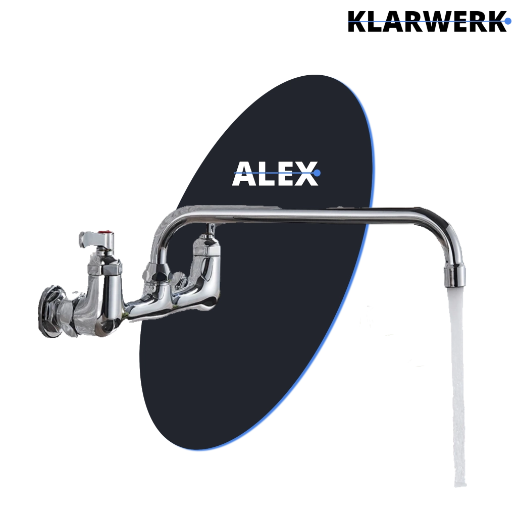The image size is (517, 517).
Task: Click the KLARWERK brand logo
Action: [428, 21]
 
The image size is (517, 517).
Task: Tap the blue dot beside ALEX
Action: [317, 173]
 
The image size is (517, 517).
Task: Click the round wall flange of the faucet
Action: [52, 312]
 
